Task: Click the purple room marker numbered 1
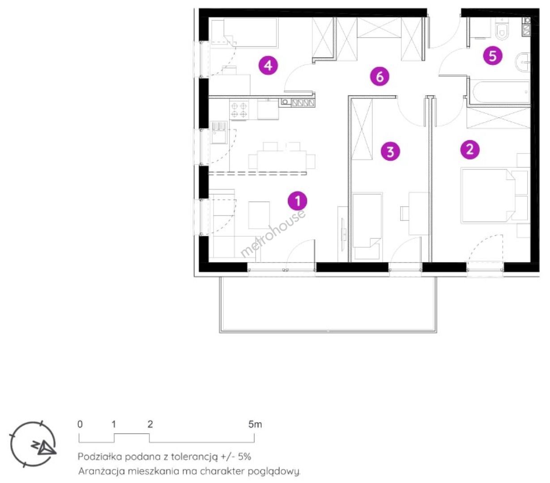point(297,201)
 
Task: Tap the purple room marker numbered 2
point(470,149)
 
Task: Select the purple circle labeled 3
point(390,152)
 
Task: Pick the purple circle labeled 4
point(268,65)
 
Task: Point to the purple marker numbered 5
point(493,56)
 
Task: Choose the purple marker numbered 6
point(379,76)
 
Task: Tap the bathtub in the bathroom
point(501,92)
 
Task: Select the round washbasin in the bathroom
point(523,62)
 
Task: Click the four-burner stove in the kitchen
point(239,110)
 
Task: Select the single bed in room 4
point(244,33)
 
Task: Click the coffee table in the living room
point(259,215)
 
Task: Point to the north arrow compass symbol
point(33,444)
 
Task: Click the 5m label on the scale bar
point(255,424)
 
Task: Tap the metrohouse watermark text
point(273,234)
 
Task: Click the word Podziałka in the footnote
point(100,457)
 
